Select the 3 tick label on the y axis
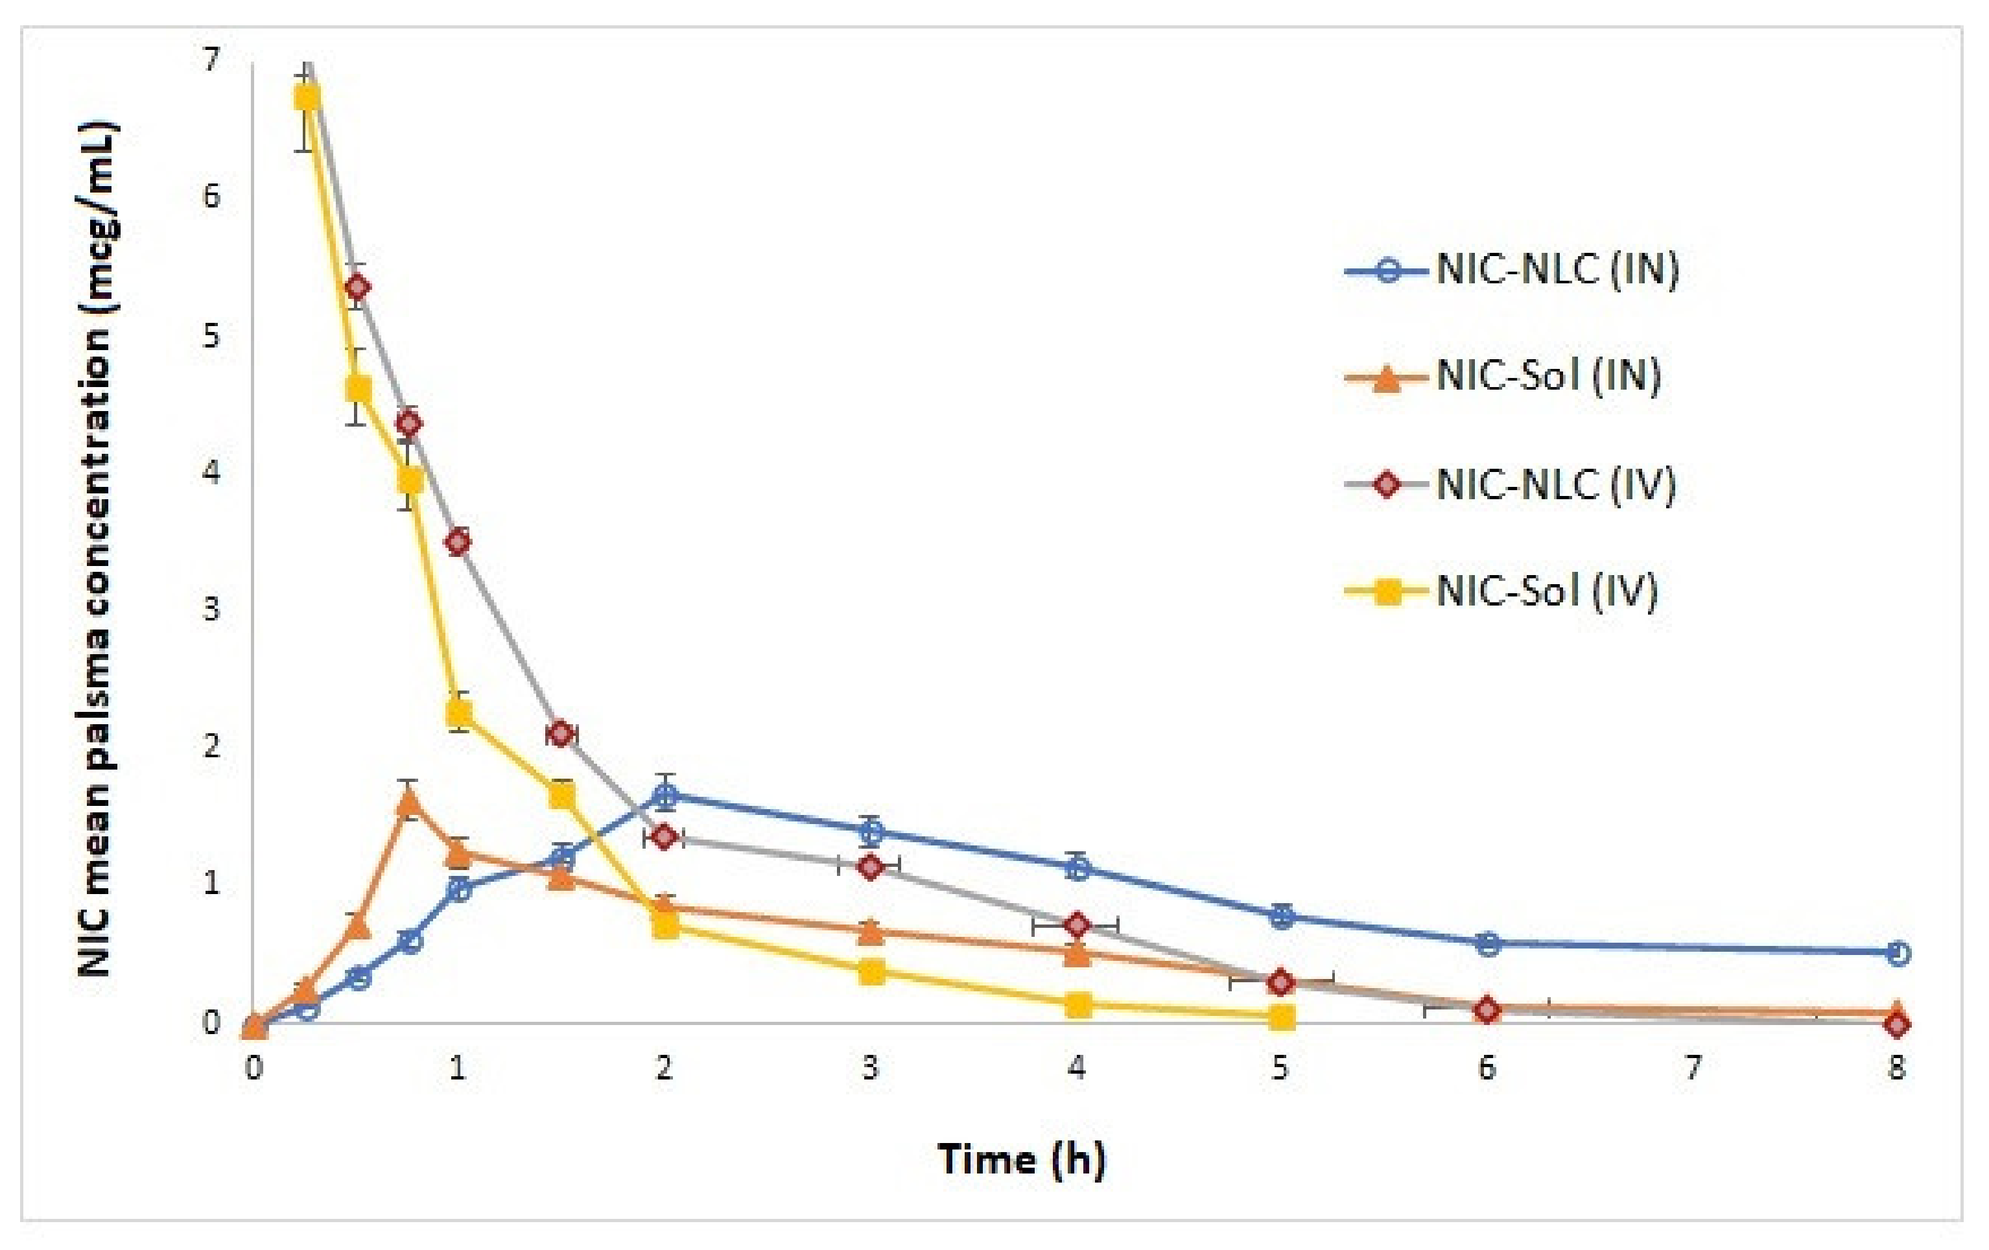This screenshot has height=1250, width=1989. pyautogui.click(x=211, y=609)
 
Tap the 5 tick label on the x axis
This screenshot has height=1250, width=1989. pyautogui.click(x=1280, y=1068)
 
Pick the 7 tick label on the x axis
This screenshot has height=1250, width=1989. pyautogui.click(x=1693, y=1068)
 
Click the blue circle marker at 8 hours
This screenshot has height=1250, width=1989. pyautogui.click(x=1898, y=952)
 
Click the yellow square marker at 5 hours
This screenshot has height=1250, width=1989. pyautogui.click(x=1281, y=1017)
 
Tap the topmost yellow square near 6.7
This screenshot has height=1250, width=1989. pyautogui.click(x=307, y=97)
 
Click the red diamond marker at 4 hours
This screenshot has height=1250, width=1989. pyautogui.click(x=1076, y=925)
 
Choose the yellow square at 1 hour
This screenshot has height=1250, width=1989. pyautogui.click(x=459, y=711)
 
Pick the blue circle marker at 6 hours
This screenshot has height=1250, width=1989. pyautogui.click(x=1487, y=943)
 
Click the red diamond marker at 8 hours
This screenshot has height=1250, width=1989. pyautogui.click(x=1898, y=1024)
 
